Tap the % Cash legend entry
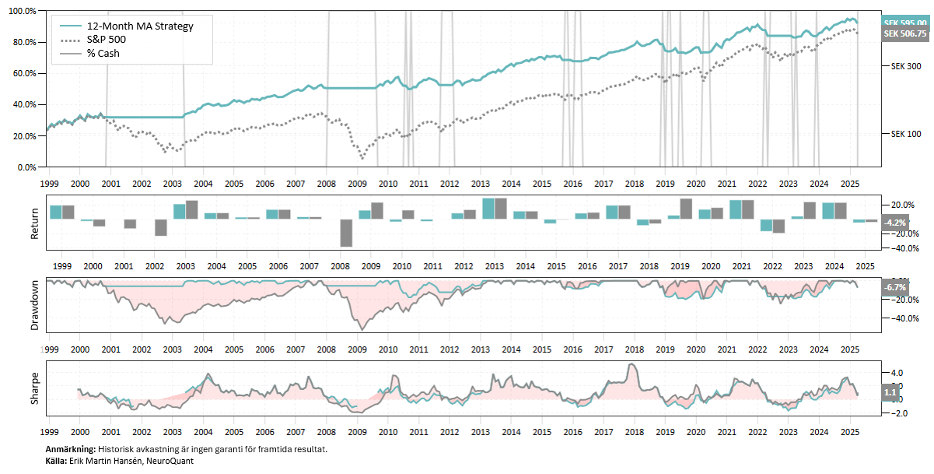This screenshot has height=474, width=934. [103, 53]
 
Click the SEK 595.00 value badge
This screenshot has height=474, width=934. [904, 23]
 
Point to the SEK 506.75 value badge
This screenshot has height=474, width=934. [904, 34]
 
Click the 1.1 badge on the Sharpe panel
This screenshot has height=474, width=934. [890, 393]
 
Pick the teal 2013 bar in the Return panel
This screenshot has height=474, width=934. [488, 209]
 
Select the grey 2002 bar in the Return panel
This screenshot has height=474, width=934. [161, 226]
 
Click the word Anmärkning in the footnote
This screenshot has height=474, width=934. [70, 450]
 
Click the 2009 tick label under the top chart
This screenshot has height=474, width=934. [357, 184]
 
